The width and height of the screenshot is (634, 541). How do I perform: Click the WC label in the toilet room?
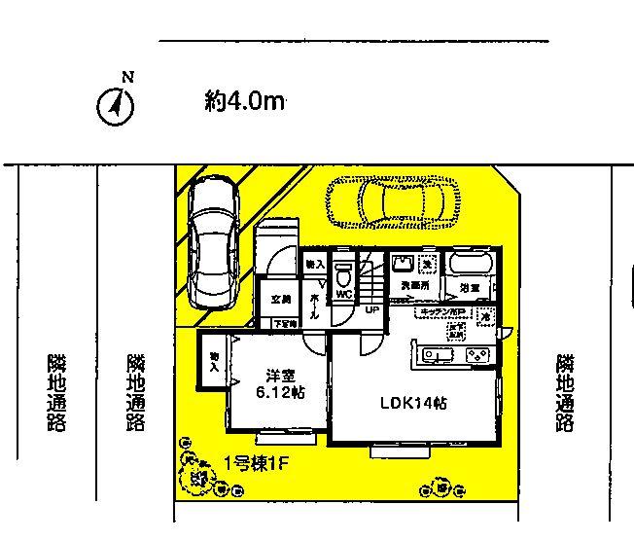[x=342, y=291]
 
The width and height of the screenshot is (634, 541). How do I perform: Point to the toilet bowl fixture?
[x=342, y=270]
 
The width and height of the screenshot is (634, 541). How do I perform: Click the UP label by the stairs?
[x=371, y=311]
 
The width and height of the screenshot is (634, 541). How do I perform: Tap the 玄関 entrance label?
[x=281, y=299]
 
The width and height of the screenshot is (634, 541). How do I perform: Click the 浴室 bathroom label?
[x=470, y=289]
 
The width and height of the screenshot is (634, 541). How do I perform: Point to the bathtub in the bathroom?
[x=471, y=265]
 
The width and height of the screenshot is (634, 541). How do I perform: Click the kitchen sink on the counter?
[x=434, y=354]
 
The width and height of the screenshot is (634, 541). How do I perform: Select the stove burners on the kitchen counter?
[x=476, y=354]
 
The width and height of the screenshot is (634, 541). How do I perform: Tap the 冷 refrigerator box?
[x=485, y=315]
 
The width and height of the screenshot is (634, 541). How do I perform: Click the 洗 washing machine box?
[x=426, y=263]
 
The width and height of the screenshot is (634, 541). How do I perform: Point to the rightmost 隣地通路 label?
[x=565, y=392]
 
